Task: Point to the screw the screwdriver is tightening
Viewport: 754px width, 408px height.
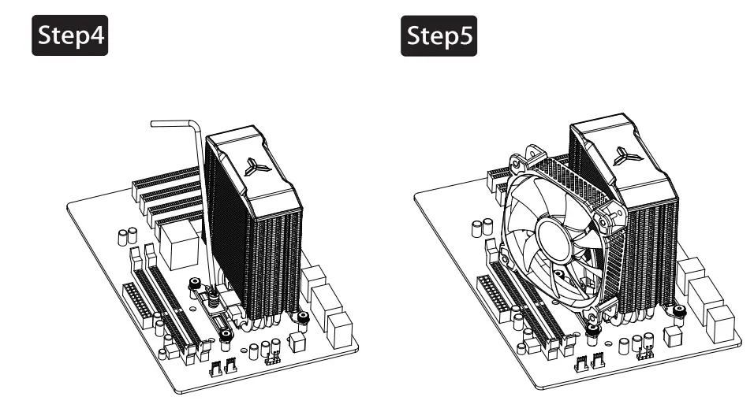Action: pyautogui.click(x=213, y=296)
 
